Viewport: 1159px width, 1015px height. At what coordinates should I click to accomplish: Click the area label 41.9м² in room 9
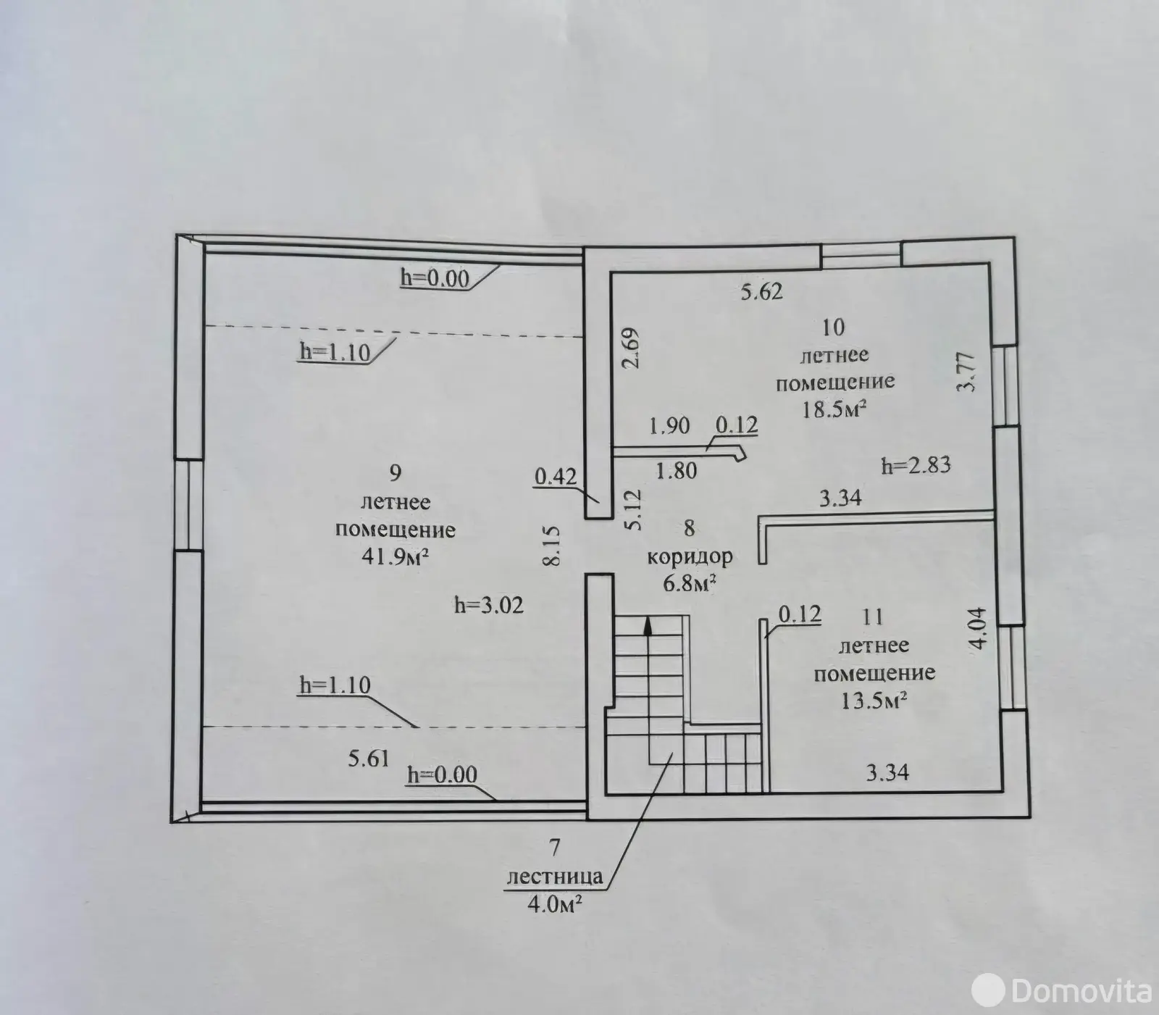pyautogui.click(x=396, y=556)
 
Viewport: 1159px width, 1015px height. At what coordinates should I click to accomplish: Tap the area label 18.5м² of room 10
pyautogui.click(x=834, y=409)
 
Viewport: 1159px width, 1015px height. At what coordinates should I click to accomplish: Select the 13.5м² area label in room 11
pyautogui.click(x=874, y=701)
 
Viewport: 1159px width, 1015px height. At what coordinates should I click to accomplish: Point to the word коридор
pyautogui.click(x=690, y=557)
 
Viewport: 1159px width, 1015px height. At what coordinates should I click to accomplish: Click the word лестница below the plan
pyautogui.click(x=555, y=877)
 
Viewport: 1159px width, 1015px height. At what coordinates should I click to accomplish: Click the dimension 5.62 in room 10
pyautogui.click(x=761, y=292)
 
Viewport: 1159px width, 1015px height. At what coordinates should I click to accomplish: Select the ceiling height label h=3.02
pyautogui.click(x=488, y=605)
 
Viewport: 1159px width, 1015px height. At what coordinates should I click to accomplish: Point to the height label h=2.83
pyautogui.click(x=916, y=465)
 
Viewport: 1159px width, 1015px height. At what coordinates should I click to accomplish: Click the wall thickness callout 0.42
pyautogui.click(x=556, y=476)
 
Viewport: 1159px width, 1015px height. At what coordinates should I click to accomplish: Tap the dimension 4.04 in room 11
pyautogui.click(x=978, y=627)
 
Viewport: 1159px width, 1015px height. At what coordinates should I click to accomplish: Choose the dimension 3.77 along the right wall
pyautogui.click(x=967, y=371)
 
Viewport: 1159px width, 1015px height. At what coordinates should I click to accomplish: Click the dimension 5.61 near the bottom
pyautogui.click(x=369, y=759)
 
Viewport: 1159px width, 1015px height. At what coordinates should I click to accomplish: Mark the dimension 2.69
pyautogui.click(x=631, y=348)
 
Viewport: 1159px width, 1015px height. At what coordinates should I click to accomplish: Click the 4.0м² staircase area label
pyautogui.click(x=556, y=904)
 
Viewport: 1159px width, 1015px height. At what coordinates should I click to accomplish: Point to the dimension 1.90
pyautogui.click(x=669, y=425)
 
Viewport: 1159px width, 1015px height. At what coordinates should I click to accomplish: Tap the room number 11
pyautogui.click(x=873, y=617)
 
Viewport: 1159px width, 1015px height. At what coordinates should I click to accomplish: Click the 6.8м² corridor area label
pyautogui.click(x=690, y=583)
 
